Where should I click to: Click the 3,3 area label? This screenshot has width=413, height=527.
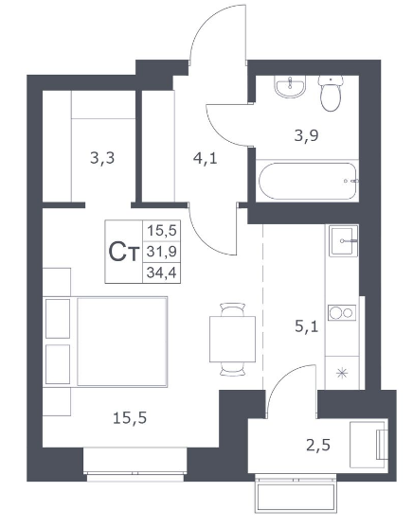point(102,158)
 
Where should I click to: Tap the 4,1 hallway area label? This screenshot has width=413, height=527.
point(205,158)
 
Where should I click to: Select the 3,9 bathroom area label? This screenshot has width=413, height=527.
point(306,136)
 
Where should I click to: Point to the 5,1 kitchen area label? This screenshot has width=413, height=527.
point(306,326)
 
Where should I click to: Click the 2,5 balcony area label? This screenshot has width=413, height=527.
point(318,446)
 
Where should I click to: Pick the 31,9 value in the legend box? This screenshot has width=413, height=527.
point(162,252)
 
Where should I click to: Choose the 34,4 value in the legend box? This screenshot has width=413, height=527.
point(162,272)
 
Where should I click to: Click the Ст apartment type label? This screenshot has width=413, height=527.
point(123,252)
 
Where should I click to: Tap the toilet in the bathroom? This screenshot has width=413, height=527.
point(331,94)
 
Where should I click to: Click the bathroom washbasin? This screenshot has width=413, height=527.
point(290,86)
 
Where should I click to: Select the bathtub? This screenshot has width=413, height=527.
point(307,181)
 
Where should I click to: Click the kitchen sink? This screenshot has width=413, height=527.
point(343,240)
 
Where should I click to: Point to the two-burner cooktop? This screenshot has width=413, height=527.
point(342,312)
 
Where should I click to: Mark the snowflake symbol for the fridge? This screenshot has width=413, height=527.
point(342,373)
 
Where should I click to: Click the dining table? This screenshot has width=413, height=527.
point(232,339)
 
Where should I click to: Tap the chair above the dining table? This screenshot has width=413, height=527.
point(232,309)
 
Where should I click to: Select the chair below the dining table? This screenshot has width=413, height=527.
point(232,369)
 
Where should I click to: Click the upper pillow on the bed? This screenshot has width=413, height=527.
point(58,318)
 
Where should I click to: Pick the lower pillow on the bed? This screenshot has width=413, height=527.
point(58,364)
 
